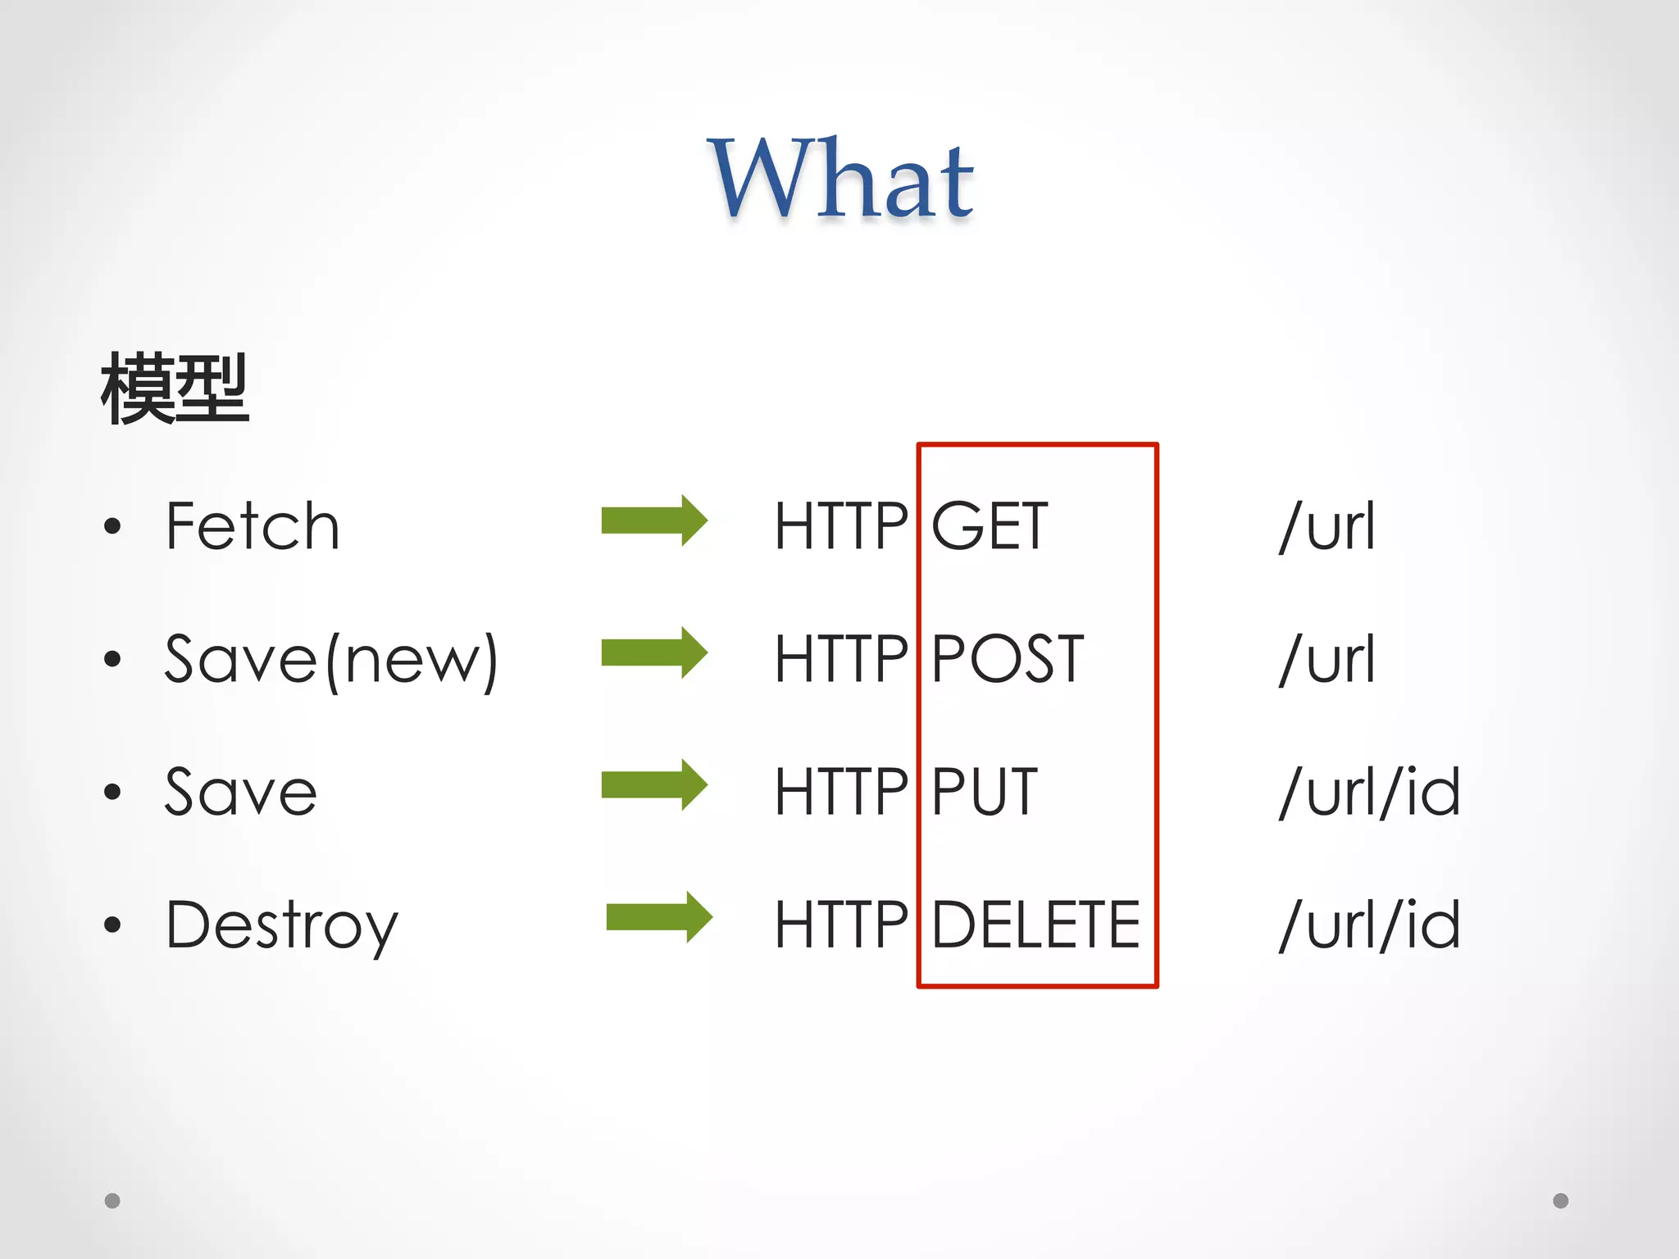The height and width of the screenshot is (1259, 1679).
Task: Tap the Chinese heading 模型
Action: click(x=175, y=389)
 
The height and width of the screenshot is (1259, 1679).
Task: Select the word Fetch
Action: click(x=253, y=526)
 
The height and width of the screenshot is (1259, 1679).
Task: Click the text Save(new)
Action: click(x=331, y=660)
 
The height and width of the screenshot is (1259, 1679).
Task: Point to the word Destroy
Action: click(x=282, y=925)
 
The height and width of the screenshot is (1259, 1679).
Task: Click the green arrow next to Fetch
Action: click(x=654, y=520)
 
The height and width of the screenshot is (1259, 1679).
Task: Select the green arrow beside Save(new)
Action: click(x=654, y=653)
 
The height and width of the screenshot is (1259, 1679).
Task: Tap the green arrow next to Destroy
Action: click(x=659, y=917)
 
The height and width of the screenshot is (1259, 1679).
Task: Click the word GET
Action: click(x=990, y=526)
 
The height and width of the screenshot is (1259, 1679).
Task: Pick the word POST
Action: click(x=1008, y=659)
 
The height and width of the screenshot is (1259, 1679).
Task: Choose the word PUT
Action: click(x=985, y=792)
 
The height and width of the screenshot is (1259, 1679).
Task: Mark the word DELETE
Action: click(x=1036, y=925)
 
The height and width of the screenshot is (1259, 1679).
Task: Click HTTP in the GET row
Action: click(x=841, y=526)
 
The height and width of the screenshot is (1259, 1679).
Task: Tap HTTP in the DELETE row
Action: click(x=841, y=925)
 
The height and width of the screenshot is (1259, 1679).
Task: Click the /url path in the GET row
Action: click(x=1327, y=526)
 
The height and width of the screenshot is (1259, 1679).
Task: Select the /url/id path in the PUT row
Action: click(x=1370, y=792)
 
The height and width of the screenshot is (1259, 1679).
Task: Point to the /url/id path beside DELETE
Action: click(x=1370, y=925)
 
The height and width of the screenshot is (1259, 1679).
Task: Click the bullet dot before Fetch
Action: click(x=112, y=526)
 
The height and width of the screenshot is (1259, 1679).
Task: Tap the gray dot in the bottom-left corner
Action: click(x=112, y=1201)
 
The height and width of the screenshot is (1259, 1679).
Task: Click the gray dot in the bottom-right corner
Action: click(x=1561, y=1201)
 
